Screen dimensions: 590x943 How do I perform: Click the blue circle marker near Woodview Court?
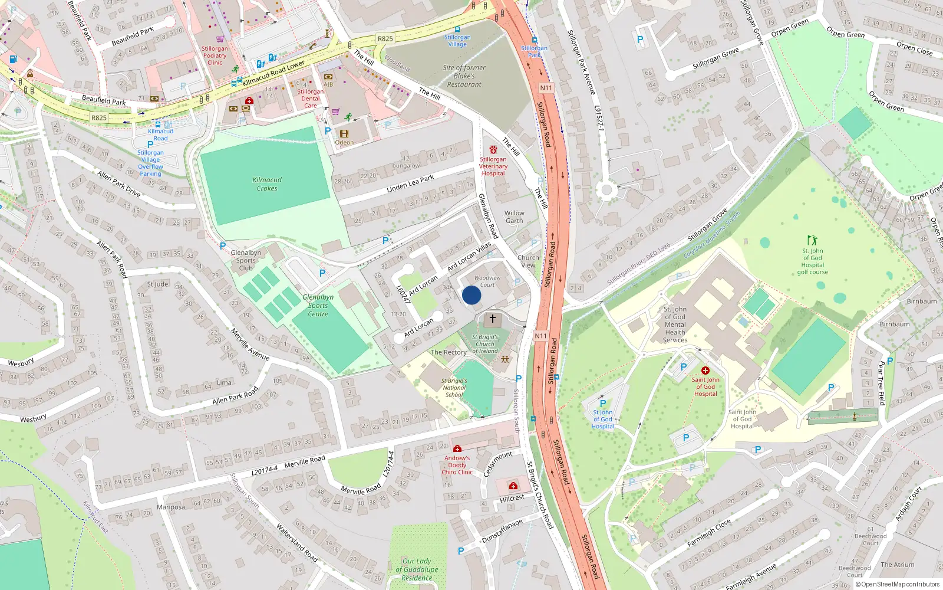(x=471, y=295)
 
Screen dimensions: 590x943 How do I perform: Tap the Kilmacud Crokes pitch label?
(x=267, y=184)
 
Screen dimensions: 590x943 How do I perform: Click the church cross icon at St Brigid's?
(x=493, y=319)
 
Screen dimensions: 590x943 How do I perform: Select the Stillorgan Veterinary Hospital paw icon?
(x=493, y=150)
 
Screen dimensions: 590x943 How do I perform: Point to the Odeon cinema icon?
(x=344, y=134)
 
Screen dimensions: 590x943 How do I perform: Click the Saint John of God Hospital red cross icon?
(x=705, y=371)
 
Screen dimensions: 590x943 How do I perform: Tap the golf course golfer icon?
(x=812, y=240)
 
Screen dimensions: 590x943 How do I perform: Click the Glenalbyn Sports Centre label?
(x=318, y=306)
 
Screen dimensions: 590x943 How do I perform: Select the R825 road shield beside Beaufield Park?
(x=99, y=117)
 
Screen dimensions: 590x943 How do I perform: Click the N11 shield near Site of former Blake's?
(x=546, y=88)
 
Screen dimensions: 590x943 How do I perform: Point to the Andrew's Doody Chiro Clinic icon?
(x=457, y=448)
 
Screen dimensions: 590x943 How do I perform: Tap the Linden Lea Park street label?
(x=410, y=183)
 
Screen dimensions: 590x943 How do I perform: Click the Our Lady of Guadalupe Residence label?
(x=417, y=569)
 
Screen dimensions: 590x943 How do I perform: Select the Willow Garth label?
(x=514, y=217)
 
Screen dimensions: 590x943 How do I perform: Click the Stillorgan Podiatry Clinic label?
(x=215, y=55)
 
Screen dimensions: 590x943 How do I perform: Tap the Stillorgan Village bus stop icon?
(x=457, y=29)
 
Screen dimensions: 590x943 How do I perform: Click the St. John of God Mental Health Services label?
(x=675, y=324)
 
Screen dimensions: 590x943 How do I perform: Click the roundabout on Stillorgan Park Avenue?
(x=606, y=190)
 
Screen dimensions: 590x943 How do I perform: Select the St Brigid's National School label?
(x=454, y=388)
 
